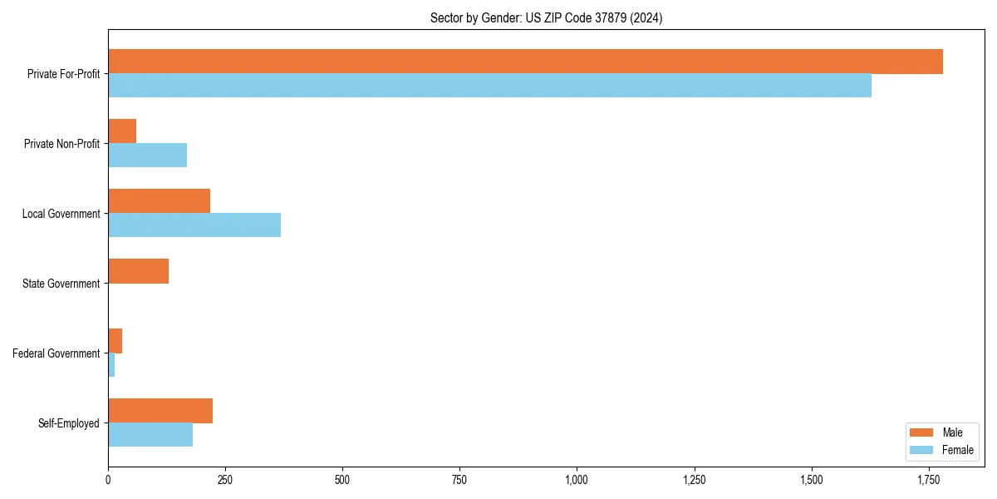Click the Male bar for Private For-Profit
coord(525,62)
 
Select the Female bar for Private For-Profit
coord(489,86)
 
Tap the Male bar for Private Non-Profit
coord(122,131)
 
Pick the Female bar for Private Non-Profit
coord(147,156)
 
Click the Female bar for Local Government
coord(194,225)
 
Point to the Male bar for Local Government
coord(159,201)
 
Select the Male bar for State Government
coord(138,271)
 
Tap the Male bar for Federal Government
coord(115,341)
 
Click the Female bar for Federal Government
coord(111,365)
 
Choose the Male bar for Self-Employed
coord(160,411)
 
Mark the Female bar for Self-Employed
coord(150,435)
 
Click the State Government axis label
coord(61,284)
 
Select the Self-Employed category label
coord(69,423)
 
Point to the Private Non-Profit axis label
coord(61,144)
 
